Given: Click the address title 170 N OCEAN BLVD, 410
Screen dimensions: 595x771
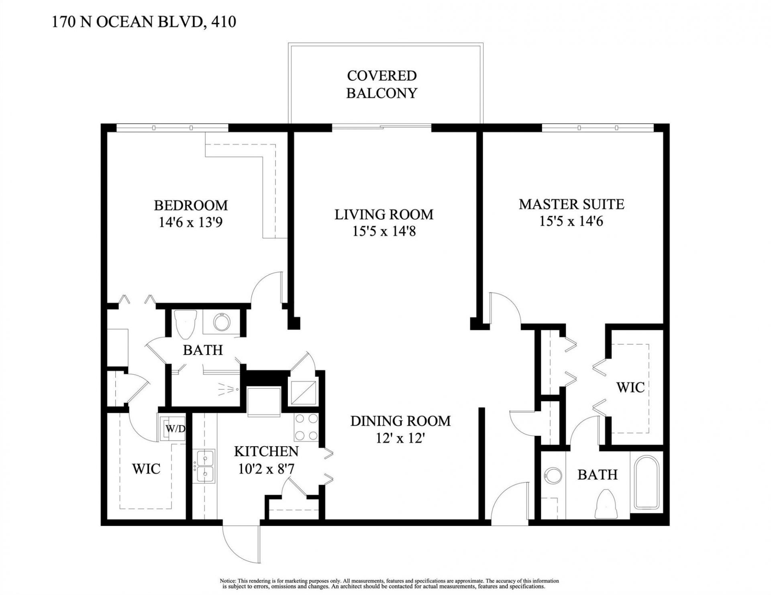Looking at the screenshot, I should tap(144, 22).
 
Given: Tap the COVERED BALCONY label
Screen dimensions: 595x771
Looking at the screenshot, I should tap(381, 84).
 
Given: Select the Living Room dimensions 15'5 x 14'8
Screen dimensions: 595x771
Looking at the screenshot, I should tap(384, 232).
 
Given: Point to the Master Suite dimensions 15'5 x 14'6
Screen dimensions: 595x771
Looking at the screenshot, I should tap(571, 221).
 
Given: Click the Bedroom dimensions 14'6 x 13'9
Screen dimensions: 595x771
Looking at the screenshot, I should tap(191, 222).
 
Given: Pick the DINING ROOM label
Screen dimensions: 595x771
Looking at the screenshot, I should tap(400, 421).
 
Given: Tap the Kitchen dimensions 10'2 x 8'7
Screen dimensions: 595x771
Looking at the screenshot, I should tap(266, 468).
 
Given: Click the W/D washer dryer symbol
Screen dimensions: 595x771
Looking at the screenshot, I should tap(175, 428).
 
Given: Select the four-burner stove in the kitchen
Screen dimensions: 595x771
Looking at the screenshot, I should tap(306, 427).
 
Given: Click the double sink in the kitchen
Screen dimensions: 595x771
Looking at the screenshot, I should tap(205, 467).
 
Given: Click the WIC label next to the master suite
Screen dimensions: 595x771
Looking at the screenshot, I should tap(630, 387).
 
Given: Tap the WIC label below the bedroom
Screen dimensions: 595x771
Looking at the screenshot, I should tap(146, 469).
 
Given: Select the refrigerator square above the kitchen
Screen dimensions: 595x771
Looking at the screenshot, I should tap(264, 401).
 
